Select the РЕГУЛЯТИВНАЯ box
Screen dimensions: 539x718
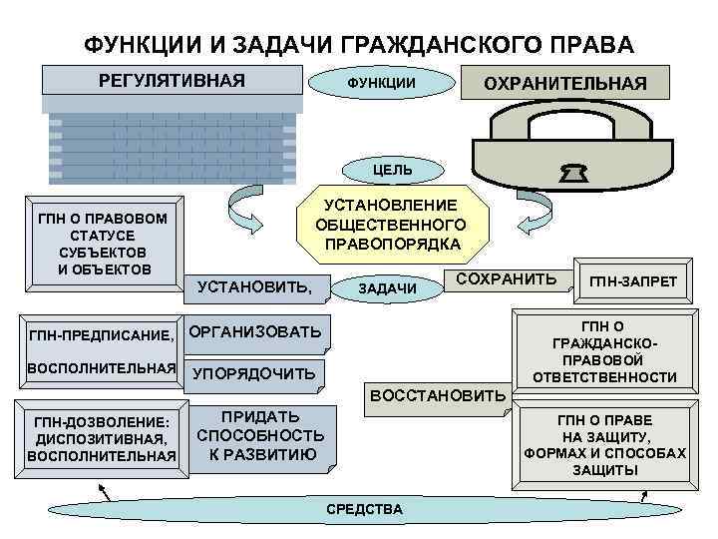point(171,81)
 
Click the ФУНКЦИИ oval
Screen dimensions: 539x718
point(381,82)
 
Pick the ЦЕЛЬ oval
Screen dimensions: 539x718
point(392,170)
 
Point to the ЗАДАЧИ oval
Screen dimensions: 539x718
point(387,287)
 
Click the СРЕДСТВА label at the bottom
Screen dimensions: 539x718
point(365,509)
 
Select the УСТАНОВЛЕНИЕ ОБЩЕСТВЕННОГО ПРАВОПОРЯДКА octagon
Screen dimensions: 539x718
point(393,224)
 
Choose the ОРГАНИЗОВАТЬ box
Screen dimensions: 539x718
point(255,331)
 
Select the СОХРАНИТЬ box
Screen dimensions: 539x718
point(506,278)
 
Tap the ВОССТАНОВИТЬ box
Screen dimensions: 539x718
point(438,396)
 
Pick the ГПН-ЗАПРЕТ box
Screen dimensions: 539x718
point(632,282)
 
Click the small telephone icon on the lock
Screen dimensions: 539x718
point(574,175)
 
